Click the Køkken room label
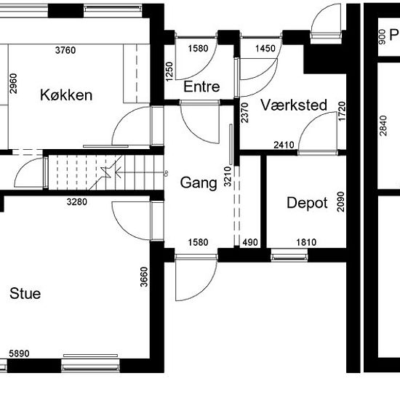click(x=66, y=95)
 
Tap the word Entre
click(x=201, y=87)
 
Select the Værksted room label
click(x=294, y=105)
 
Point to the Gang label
click(x=199, y=183)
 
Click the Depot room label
click(x=307, y=204)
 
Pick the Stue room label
click(x=25, y=293)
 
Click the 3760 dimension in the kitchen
click(x=65, y=50)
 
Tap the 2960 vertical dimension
click(x=13, y=84)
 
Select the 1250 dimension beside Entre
click(x=169, y=72)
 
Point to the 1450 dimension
click(x=265, y=49)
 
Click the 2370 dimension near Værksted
click(x=244, y=113)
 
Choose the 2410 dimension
click(x=284, y=145)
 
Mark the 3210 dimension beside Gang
click(x=228, y=177)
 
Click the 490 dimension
click(x=250, y=242)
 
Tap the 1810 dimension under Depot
click(x=306, y=242)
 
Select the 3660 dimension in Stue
click(x=144, y=277)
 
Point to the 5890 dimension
click(x=19, y=353)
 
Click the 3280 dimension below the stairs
click(x=77, y=202)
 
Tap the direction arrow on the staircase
click(x=140, y=172)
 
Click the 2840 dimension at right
click(x=383, y=126)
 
